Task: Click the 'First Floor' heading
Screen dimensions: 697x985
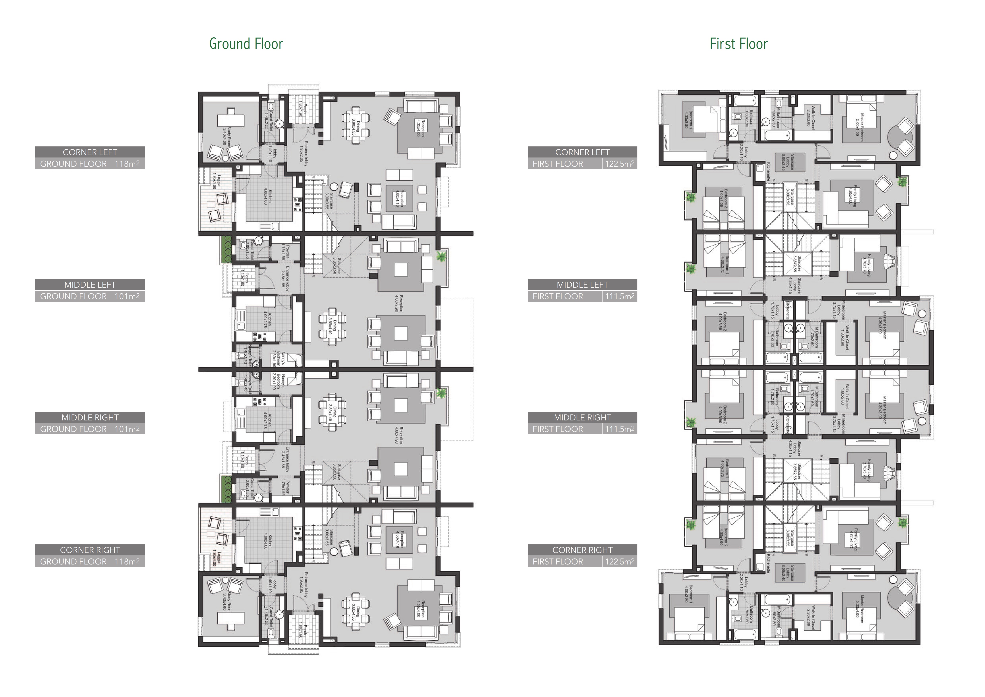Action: click(738, 44)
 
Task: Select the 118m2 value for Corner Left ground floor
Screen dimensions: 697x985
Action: click(127, 164)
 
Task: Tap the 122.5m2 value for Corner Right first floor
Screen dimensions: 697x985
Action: click(620, 561)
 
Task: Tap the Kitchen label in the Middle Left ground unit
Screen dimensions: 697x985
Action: click(266, 319)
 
